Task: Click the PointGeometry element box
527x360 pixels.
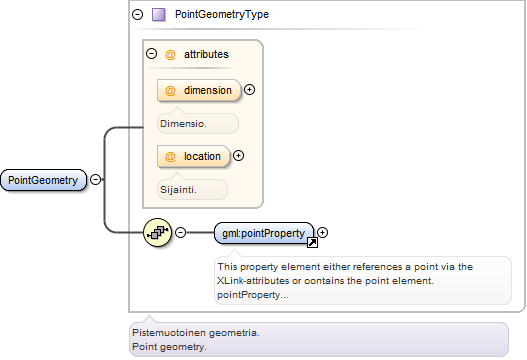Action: [x=43, y=180]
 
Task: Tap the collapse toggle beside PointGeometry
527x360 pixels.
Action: [x=95, y=179]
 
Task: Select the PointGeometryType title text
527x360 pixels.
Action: [x=222, y=14]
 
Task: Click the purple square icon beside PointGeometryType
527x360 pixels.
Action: [x=159, y=15]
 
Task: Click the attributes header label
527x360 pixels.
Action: [x=206, y=54]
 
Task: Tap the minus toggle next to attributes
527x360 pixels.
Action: [x=152, y=54]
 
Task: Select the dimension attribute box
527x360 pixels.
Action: [x=199, y=90]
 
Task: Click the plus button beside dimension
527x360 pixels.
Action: [x=249, y=90]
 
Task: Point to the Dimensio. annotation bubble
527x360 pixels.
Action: [x=198, y=124]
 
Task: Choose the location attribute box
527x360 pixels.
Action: [x=194, y=156]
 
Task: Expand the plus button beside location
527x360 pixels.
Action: [x=239, y=156]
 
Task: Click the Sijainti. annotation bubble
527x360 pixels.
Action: [x=192, y=190]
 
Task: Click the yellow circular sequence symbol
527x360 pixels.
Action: [x=158, y=232]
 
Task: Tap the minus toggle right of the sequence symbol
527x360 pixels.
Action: [x=181, y=232]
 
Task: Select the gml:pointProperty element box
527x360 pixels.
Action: [x=264, y=233]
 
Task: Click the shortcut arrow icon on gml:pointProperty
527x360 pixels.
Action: [x=313, y=242]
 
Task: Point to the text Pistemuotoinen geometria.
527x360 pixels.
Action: [x=196, y=333]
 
